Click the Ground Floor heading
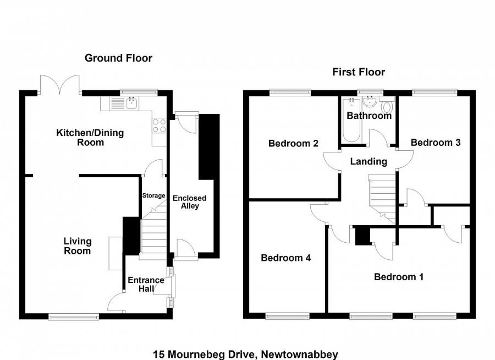pos(118,58)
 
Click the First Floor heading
pos(359,72)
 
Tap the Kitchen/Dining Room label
pos(90,138)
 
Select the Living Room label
pos(78,246)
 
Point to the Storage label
pos(153,195)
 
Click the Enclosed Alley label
pos(189,202)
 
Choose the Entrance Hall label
pos(146,284)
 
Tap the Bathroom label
pos(369,116)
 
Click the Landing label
pos(369,161)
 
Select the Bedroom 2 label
pos(293,144)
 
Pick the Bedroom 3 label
pos(436,143)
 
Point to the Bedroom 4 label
pos(285,258)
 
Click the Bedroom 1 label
pos(399,277)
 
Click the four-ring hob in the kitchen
pos(159,126)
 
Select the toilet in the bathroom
pos(387,106)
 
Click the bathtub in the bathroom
pos(351,120)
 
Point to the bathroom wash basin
pos(369,101)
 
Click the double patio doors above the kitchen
pos(59,85)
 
